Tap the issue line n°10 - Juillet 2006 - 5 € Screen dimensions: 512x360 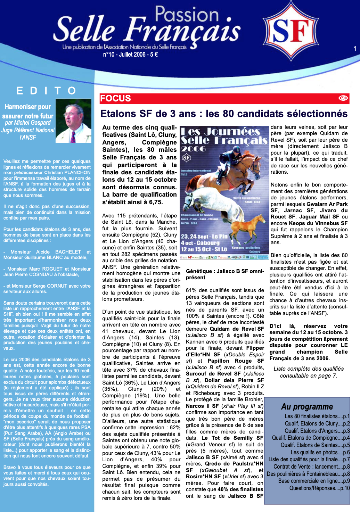(x=130, y=55)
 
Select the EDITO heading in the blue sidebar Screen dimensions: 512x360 (x=47, y=91)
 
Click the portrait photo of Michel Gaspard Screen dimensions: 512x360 (x=73, y=121)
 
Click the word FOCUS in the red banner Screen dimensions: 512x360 (x=115, y=98)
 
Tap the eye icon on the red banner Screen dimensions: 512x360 (x=343, y=98)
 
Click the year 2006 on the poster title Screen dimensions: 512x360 (x=193, y=149)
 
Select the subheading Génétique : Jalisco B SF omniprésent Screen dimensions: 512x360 (x=225, y=274)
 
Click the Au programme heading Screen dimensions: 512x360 (x=307, y=406)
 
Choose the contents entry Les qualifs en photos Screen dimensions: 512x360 (x=320, y=452)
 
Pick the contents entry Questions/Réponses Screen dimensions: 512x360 (x=319, y=488)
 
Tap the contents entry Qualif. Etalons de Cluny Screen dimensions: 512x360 (x=317, y=423)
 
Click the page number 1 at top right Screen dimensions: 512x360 (x=355, y=49)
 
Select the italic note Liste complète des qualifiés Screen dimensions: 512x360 (x=308, y=369)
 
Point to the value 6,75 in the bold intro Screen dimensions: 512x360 (x=155, y=202)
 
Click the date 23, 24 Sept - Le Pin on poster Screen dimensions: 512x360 (x=204, y=237)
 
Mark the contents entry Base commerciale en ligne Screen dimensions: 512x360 (x=314, y=481)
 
